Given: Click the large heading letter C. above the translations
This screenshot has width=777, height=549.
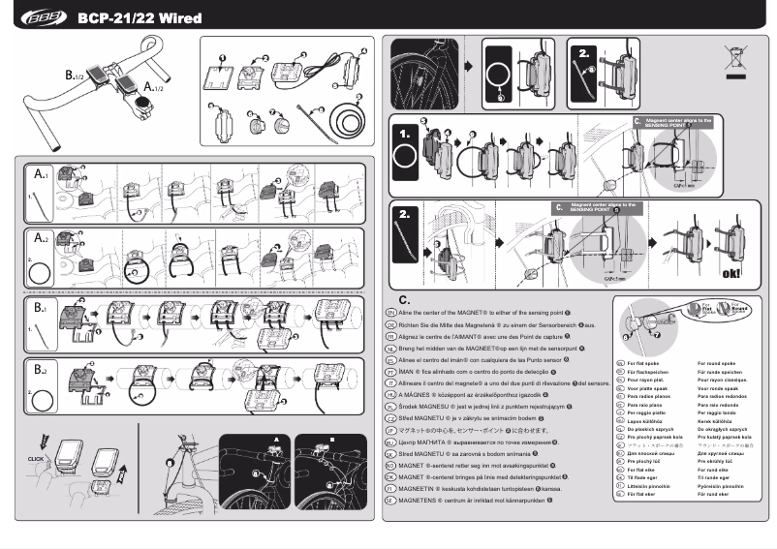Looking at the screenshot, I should tap(404, 300).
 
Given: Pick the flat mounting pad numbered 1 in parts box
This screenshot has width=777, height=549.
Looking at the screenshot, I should tap(221, 76).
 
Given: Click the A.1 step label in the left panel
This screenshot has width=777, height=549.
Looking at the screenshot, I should tap(41, 176).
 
